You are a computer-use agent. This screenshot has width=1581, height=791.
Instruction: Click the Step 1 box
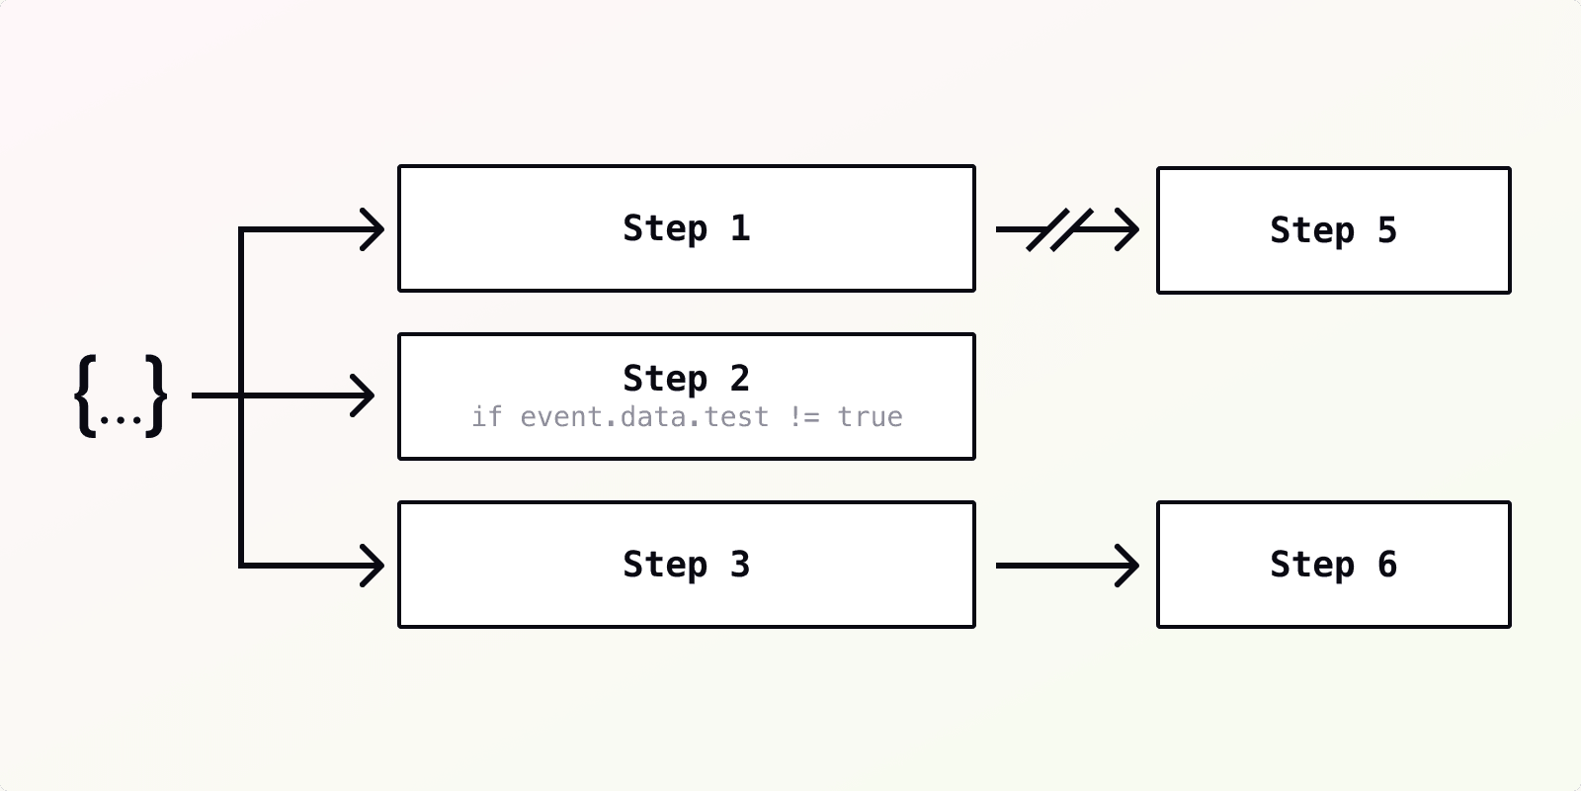point(686,228)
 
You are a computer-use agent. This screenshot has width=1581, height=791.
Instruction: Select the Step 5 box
point(1333,230)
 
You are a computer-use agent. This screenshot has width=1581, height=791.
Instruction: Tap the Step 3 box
point(686,565)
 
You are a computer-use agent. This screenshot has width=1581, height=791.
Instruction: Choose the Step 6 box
point(1333,565)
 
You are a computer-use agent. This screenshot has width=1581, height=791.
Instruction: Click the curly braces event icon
point(121,395)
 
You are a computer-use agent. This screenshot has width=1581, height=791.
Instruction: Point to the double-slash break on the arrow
point(1058,229)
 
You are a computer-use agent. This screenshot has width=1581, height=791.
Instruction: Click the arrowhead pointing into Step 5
point(1127,229)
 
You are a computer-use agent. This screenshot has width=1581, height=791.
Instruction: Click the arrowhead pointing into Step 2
point(364,396)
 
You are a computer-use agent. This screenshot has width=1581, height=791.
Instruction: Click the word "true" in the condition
point(870,417)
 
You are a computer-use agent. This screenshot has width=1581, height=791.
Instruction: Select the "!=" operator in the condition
point(804,417)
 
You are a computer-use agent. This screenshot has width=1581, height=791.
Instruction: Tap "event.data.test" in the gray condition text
point(644,417)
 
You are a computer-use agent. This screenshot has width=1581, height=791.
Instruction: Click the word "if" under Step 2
point(486,417)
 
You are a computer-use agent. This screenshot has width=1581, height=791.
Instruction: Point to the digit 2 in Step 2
point(739,378)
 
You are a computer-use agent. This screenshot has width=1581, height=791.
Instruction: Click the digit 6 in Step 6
point(1387,565)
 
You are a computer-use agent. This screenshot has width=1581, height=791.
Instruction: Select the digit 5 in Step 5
point(1387,230)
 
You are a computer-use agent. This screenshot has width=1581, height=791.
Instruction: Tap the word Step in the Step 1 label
point(665,228)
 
